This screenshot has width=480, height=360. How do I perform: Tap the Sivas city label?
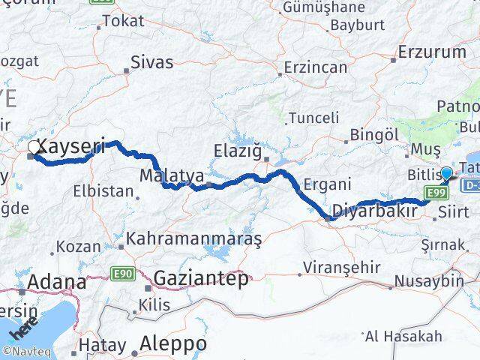(151, 62)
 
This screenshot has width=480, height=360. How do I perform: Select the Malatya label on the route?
(172, 175)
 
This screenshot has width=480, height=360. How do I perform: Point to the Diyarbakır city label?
(374, 210)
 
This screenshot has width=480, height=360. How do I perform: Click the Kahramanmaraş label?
(193, 240)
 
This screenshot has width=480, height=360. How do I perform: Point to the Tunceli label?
(314, 119)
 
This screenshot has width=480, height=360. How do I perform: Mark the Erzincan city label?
(315, 67)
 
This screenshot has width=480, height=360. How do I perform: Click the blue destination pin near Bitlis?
(446, 174)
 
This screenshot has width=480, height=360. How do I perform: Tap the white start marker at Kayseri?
(33, 149)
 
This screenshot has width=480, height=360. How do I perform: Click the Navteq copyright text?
(24, 350)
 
